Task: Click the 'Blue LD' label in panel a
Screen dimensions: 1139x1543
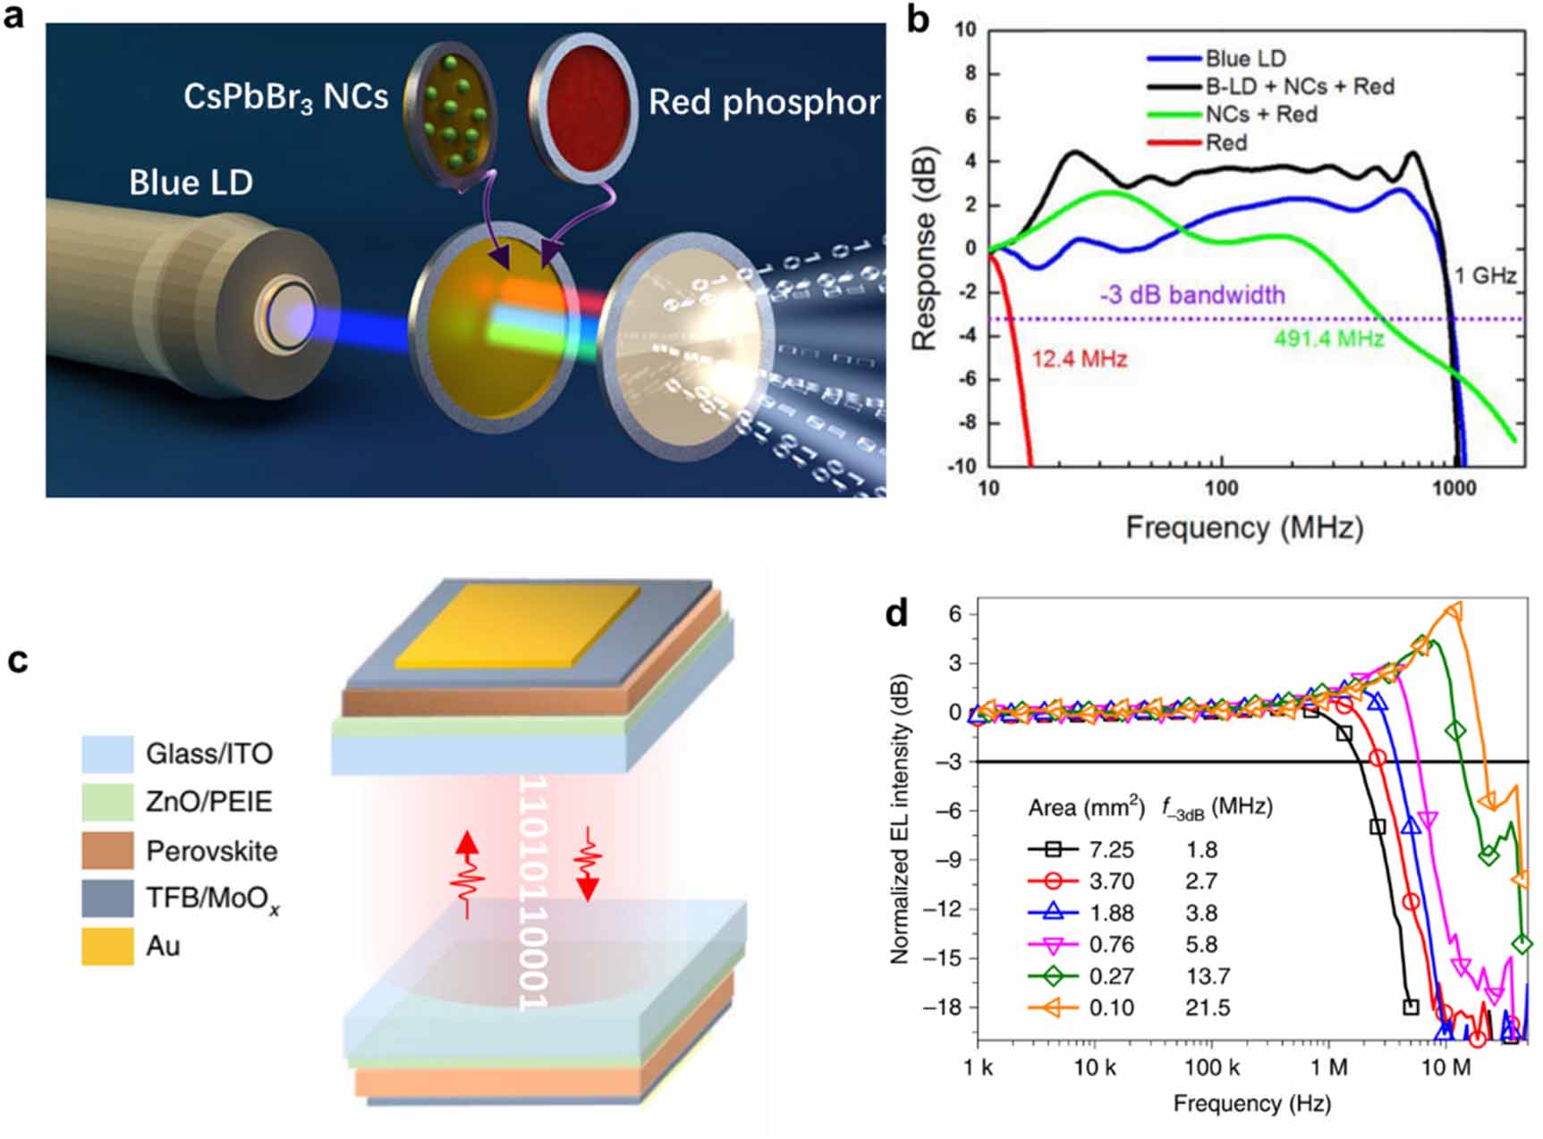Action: coord(191,183)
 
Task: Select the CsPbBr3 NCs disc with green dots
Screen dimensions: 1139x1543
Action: coord(451,112)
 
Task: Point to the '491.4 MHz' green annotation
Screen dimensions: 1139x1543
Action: coord(1328,339)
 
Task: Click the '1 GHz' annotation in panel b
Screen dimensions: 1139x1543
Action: coord(1485,275)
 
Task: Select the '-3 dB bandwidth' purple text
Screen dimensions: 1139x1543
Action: coord(1192,295)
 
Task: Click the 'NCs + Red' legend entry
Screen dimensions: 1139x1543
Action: coord(1260,114)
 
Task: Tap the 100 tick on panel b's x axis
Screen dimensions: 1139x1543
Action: coord(1220,488)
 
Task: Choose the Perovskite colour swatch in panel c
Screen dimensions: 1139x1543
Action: coord(107,850)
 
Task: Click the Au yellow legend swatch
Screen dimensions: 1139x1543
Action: coord(107,946)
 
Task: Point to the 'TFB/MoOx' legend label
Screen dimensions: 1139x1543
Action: coord(212,899)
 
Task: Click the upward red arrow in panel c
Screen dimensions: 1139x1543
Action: coord(467,872)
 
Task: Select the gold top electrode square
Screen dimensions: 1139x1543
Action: coord(517,627)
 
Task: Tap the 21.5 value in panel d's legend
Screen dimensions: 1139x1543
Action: coord(1208,1008)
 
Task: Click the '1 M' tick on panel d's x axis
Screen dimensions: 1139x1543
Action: coord(1328,1067)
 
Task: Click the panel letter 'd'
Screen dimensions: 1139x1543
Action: coord(896,613)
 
